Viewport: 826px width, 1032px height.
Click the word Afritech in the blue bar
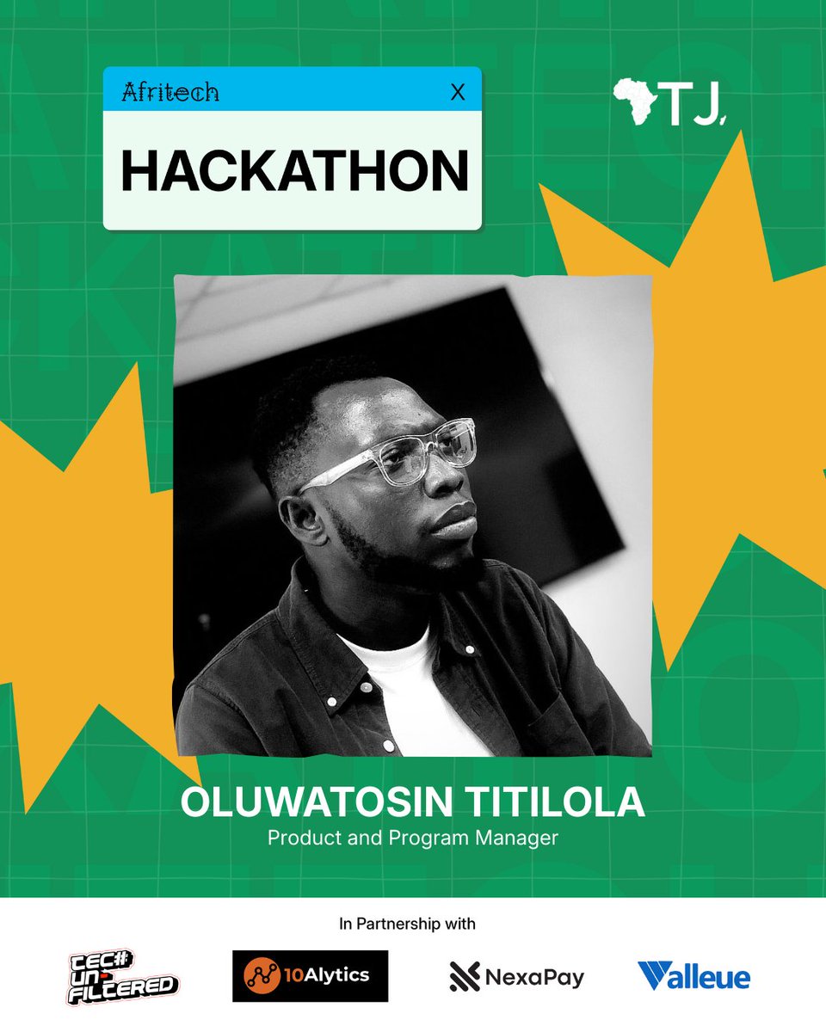170,92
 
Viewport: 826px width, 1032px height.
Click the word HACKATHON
294,171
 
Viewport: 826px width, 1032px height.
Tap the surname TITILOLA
543,802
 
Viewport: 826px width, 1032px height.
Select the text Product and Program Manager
413,837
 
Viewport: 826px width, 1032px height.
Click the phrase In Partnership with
407,924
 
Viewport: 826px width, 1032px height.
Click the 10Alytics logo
310,976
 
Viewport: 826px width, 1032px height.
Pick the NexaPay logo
516,977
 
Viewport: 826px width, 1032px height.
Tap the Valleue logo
693,976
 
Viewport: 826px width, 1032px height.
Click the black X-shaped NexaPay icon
465,977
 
